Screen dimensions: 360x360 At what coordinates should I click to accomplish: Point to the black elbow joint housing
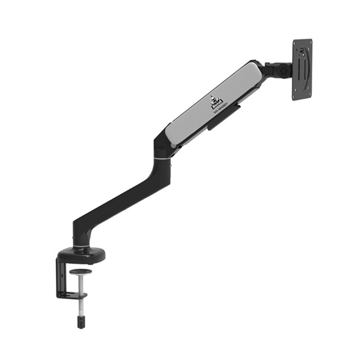point(162,144)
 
